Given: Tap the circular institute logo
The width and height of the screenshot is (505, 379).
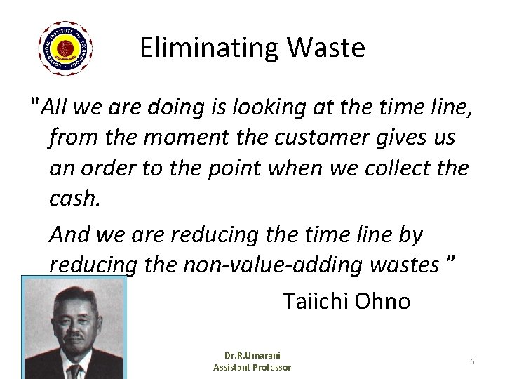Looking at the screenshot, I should click(x=66, y=48).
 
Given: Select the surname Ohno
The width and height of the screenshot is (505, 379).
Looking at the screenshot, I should click(x=383, y=301).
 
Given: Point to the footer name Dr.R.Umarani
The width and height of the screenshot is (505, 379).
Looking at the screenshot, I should click(x=252, y=357).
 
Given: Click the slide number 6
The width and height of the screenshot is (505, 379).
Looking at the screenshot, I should click(x=472, y=361).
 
